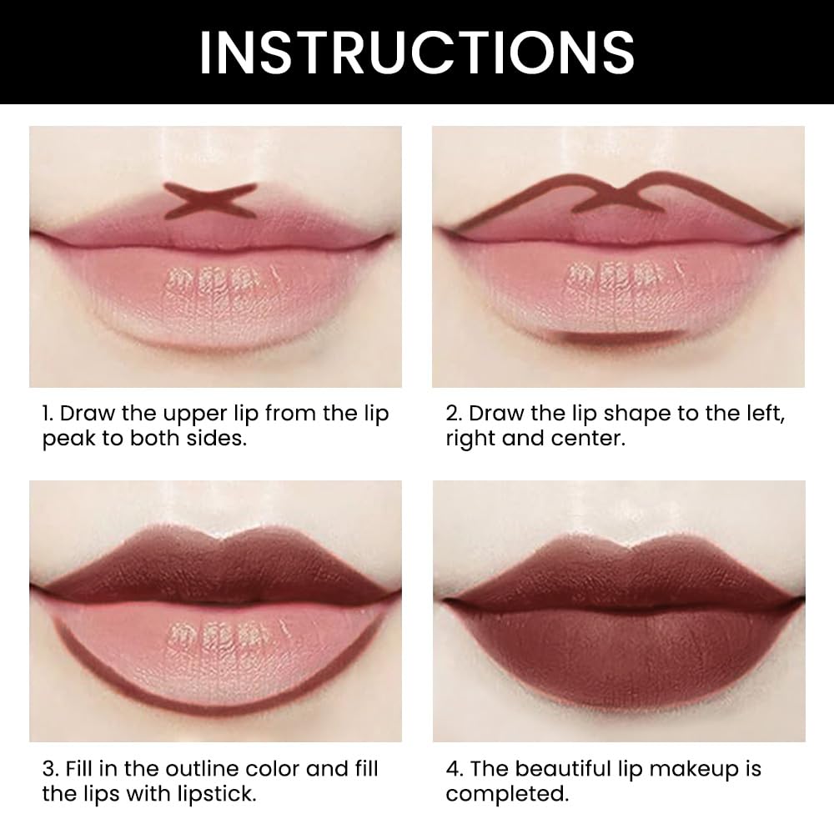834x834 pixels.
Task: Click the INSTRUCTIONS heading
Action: pyautogui.click(x=416, y=52)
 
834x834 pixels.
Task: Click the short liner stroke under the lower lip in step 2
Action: pyautogui.click(x=618, y=336)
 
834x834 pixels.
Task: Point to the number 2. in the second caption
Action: pyautogui.click(x=455, y=414)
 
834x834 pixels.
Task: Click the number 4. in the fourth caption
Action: pyautogui.click(x=455, y=769)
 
